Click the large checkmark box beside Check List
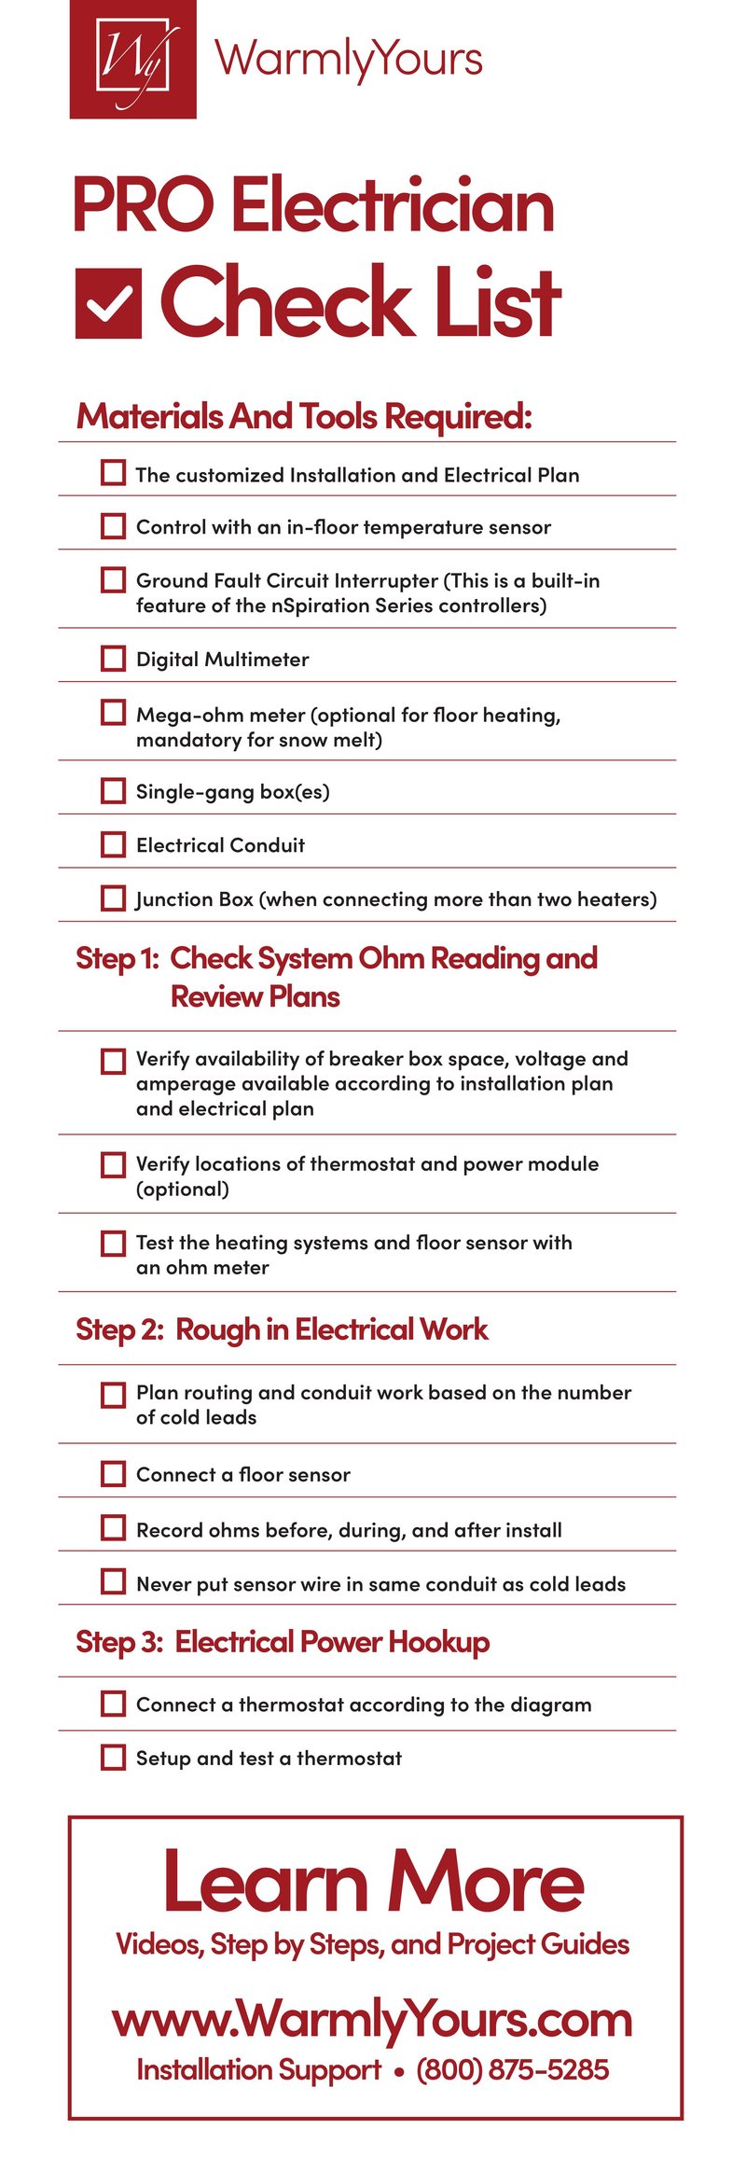click(x=109, y=304)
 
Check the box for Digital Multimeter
click(x=113, y=659)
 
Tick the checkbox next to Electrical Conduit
click(x=113, y=844)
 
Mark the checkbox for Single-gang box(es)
click(x=113, y=791)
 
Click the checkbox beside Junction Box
click(x=113, y=898)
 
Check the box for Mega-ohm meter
click(x=113, y=713)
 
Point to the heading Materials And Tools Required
click(x=304, y=416)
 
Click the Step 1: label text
click(x=117, y=958)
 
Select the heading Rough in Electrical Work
click(x=331, y=1329)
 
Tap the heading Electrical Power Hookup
click(x=332, y=1641)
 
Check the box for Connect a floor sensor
click(x=113, y=1474)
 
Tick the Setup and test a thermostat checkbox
click(x=113, y=1758)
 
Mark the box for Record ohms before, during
click(x=113, y=1528)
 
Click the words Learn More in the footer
click(x=373, y=1883)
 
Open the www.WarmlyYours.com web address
click(x=373, y=2020)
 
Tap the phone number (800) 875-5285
click(x=512, y=2070)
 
